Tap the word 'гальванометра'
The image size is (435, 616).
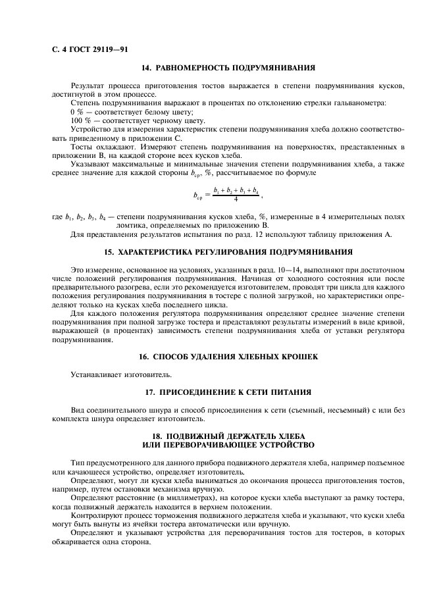point(361,103)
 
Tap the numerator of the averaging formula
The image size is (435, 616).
point(235,189)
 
